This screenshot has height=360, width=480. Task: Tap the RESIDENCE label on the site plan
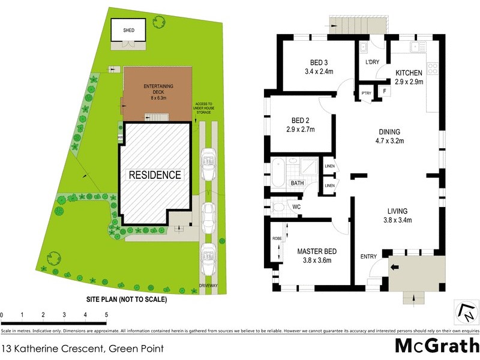pyautogui.click(x=155, y=175)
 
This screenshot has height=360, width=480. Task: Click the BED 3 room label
pyautogui.click(x=319, y=63)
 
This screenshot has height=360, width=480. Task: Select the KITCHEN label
pyautogui.click(x=409, y=73)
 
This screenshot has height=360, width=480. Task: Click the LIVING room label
pyautogui.click(x=397, y=211)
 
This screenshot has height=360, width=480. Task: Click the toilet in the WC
pyautogui.click(x=277, y=208)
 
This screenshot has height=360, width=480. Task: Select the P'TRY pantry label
pyautogui.click(x=365, y=93)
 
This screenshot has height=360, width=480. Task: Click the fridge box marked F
pyautogui.click(x=383, y=92)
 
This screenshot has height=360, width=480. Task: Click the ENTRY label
pyautogui.click(x=368, y=257)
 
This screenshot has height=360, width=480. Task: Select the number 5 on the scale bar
pyautogui.click(x=106, y=314)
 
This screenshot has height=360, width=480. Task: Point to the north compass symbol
pyautogui.click(x=466, y=313)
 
